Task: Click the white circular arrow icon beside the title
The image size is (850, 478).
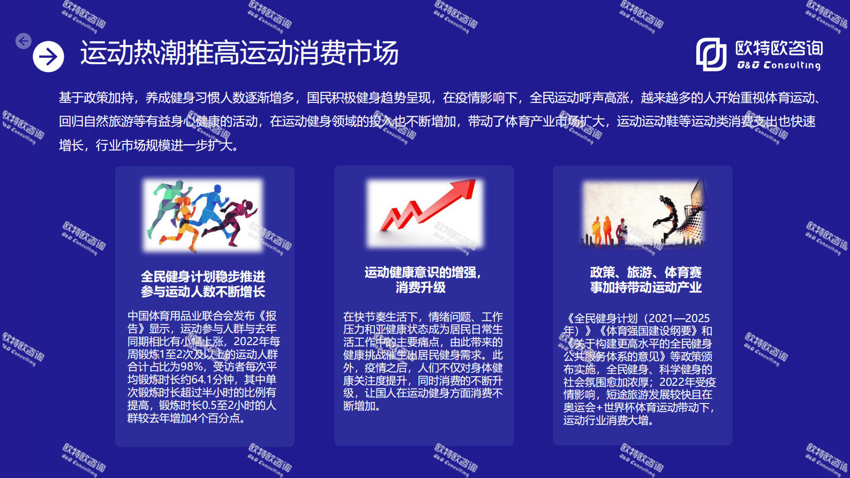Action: pos(48,56)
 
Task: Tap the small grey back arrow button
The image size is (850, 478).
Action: pos(24,41)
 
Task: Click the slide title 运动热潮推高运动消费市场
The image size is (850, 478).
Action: pos(239,53)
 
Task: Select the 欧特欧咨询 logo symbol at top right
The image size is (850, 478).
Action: pos(711,54)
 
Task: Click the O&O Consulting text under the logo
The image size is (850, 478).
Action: pos(779,65)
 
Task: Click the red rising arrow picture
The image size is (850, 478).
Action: pos(425,212)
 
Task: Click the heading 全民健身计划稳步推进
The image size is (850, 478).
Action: pos(203,277)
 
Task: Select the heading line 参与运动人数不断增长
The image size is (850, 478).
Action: pos(203,292)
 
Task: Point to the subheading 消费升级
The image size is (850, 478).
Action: pos(420,288)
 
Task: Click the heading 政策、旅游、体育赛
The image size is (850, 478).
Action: pos(645,273)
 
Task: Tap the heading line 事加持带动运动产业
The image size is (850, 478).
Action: pos(645,288)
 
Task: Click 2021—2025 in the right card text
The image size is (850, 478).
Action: pos(679,318)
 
